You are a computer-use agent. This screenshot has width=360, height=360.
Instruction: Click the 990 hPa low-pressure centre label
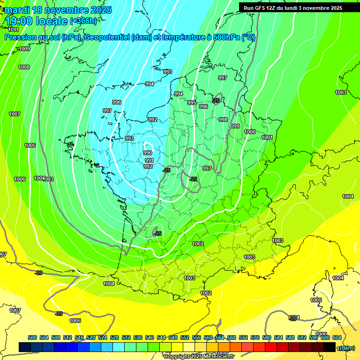148,153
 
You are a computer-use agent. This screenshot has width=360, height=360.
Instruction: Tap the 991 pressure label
149,160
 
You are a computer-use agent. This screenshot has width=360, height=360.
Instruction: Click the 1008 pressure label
24,67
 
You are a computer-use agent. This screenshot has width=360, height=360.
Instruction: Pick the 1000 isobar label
250,132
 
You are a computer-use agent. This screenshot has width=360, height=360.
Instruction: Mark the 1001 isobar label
267,137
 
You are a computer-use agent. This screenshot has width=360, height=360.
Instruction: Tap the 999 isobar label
235,126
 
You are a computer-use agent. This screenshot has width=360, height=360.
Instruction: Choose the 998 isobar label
223,120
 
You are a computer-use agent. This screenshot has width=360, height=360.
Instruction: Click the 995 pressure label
192,103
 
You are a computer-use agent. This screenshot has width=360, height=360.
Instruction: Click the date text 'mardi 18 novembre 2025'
59,10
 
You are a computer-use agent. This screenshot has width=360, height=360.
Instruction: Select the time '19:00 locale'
37,21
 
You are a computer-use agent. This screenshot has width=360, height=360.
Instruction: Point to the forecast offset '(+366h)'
83,21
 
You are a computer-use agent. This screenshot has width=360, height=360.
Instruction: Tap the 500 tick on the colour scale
32,337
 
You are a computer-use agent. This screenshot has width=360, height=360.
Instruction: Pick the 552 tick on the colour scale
184,337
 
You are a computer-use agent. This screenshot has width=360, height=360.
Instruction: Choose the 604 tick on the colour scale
337,337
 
